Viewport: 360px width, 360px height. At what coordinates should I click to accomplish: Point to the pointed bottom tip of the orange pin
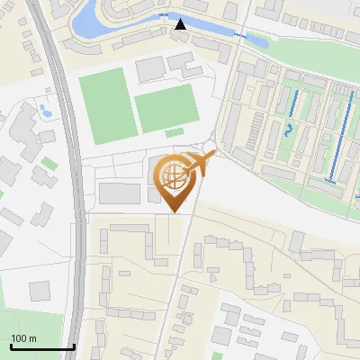coord(174,212)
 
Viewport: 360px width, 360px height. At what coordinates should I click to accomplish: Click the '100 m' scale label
coord(23,338)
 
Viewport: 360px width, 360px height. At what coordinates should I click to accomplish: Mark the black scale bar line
coord(41,346)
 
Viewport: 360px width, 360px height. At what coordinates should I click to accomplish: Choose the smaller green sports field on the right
coord(166,108)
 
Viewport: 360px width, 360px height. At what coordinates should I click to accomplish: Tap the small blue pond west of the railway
coord(44,111)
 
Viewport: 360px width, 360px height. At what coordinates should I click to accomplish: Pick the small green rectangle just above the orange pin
coord(173,153)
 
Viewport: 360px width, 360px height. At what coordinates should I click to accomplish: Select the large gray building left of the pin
coord(117,193)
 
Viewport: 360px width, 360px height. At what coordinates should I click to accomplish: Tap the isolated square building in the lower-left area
coord(40,291)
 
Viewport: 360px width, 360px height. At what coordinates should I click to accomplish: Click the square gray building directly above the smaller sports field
coord(150,67)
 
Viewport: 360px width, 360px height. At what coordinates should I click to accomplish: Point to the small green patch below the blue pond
coord(48,163)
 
